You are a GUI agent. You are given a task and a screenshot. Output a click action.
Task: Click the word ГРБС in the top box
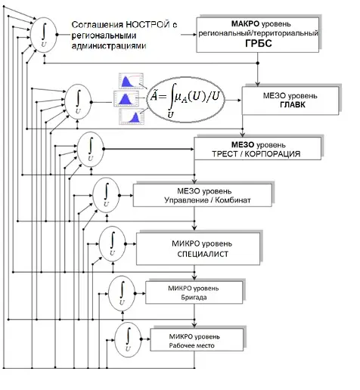click(259, 43)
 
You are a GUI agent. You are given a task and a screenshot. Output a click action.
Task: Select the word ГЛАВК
click(293, 105)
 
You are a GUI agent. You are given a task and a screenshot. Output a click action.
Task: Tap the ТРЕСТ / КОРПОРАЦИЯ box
click(258, 149)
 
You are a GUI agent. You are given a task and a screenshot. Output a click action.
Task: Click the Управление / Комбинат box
click(203, 196)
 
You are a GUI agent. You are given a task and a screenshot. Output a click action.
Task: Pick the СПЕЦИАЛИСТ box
click(198, 249)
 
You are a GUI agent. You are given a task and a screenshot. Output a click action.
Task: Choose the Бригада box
click(194, 292)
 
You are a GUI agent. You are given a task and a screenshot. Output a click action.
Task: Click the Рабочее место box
click(197, 339)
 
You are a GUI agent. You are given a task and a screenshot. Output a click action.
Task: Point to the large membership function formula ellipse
click(185, 100)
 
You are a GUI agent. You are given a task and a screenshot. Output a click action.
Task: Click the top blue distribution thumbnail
click(131, 81)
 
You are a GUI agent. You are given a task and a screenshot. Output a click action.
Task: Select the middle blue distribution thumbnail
click(126, 99)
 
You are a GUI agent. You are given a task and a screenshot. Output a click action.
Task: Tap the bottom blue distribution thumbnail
click(132, 116)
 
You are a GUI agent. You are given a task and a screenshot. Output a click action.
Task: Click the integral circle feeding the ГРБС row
click(44, 35)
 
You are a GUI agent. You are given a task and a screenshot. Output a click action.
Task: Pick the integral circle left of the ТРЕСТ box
click(91, 150)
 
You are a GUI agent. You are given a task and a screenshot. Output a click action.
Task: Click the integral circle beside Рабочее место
click(128, 339)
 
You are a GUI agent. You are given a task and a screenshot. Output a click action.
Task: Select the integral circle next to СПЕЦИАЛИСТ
click(113, 244)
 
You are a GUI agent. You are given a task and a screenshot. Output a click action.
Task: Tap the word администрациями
click(109, 46)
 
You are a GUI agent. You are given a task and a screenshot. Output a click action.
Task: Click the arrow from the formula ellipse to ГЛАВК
click(233, 101)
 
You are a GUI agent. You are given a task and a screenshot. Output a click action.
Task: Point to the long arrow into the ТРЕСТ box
click(149, 149)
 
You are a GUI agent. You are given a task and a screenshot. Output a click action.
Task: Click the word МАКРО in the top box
click(245, 24)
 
